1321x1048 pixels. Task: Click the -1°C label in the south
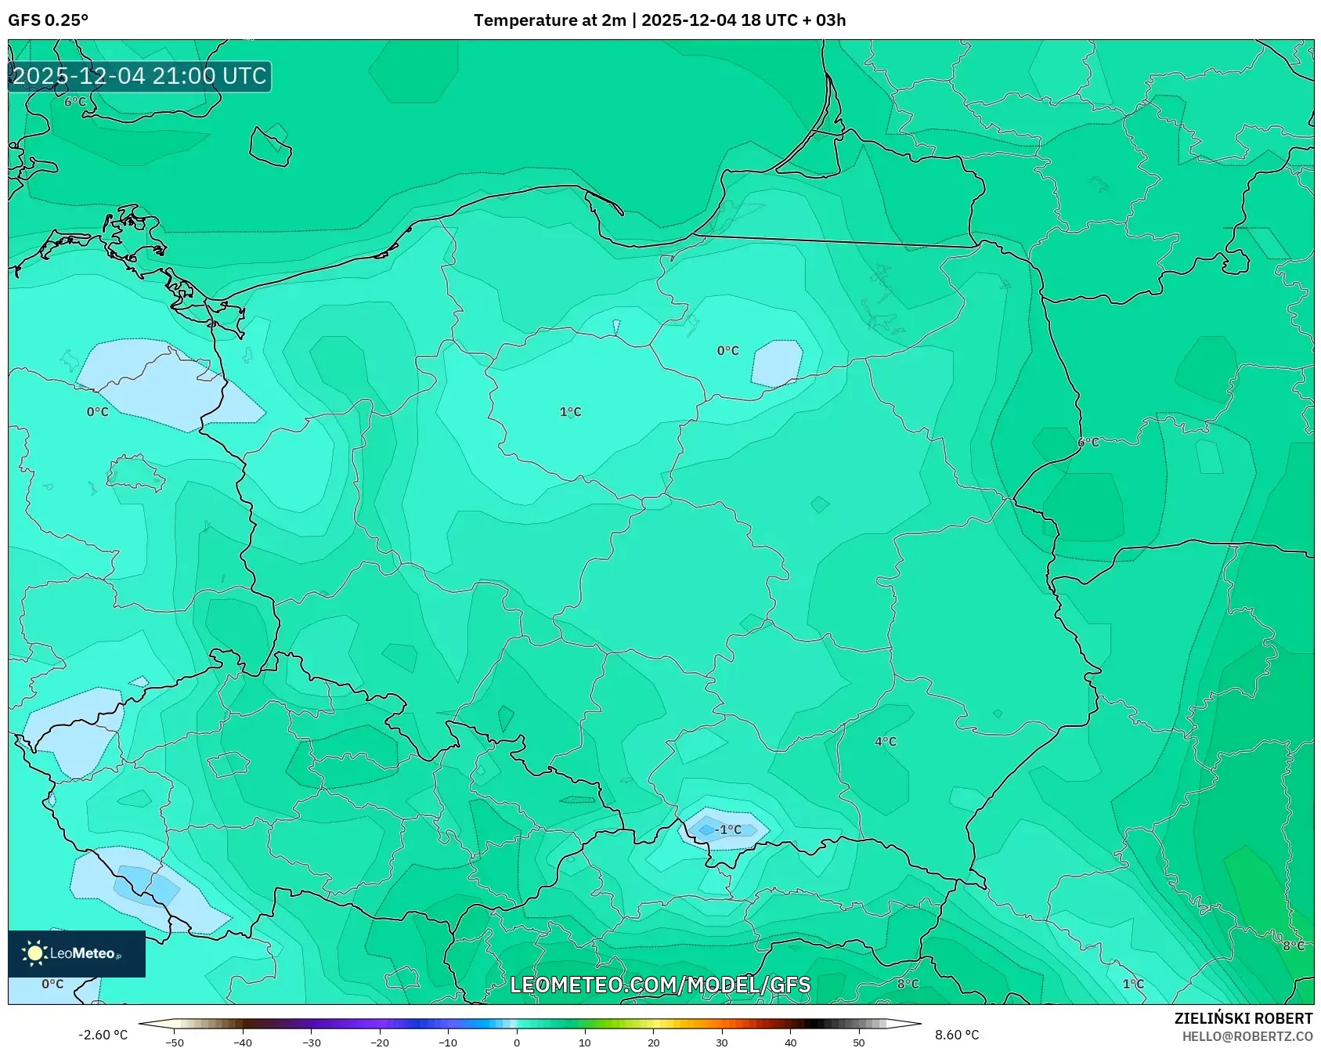728,829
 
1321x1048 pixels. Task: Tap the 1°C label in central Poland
570,412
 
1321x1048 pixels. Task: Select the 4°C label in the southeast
886,742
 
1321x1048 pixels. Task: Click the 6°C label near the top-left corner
75,102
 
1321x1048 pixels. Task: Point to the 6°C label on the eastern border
1088,443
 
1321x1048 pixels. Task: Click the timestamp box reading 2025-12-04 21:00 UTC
139,76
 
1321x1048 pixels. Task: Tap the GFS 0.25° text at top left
48,20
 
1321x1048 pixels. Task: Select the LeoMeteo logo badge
77,953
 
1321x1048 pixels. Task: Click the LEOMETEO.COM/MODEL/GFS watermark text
659,985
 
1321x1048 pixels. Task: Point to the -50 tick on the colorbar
175,1043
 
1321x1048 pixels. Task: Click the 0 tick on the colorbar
517,1043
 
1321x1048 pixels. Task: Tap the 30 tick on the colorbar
722,1043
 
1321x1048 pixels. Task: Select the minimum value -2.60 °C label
103,1035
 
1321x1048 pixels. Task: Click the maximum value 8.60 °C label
957,1035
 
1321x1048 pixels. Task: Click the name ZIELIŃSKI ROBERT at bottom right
1243,1018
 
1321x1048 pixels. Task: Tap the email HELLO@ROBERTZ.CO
1247,1036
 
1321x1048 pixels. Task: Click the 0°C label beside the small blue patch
727,351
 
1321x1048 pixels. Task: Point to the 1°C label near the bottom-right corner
1133,984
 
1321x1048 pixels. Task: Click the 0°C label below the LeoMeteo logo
52,984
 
